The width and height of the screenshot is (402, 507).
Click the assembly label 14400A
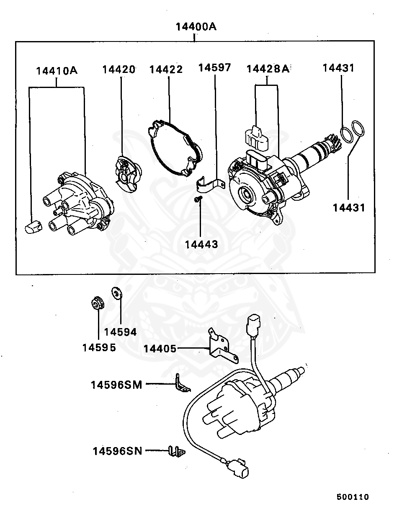(x=196, y=27)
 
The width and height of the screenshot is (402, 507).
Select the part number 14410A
(x=57, y=70)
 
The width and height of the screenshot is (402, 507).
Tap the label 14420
(x=119, y=70)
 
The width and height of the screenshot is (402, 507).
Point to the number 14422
(x=166, y=70)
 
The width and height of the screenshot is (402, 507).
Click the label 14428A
(x=268, y=69)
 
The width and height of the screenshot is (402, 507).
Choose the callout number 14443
(x=201, y=244)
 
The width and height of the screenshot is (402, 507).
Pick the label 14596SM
(x=116, y=385)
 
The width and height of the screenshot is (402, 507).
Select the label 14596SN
(x=117, y=451)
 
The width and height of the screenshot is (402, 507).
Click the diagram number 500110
(x=353, y=497)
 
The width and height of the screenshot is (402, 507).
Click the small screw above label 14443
(x=198, y=200)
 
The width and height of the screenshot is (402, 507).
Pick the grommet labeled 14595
(x=98, y=303)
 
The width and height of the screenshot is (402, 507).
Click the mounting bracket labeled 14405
(x=221, y=345)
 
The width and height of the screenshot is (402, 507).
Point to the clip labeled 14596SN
(x=177, y=452)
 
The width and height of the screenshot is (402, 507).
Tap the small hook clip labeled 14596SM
(x=180, y=384)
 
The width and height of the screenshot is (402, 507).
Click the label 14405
(x=160, y=349)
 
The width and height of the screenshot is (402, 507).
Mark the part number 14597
(x=214, y=68)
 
